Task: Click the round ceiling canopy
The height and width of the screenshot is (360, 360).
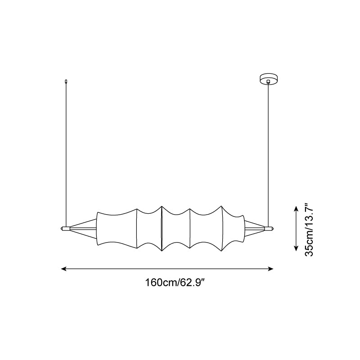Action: tap(268, 78)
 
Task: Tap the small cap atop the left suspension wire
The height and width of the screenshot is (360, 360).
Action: tap(66, 81)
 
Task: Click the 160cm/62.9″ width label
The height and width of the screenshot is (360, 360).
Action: tap(175, 283)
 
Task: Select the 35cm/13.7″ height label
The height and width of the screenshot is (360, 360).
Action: tap(309, 229)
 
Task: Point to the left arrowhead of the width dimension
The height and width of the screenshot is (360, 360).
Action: tap(63, 269)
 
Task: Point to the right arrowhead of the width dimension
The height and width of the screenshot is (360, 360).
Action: tap(270, 269)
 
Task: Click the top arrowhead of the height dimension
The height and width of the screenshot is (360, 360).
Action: tap(296, 209)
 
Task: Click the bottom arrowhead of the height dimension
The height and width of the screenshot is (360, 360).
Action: tap(296, 248)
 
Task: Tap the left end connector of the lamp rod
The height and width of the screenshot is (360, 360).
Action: tap(65, 229)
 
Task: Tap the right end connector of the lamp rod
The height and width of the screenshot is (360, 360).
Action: tap(269, 229)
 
